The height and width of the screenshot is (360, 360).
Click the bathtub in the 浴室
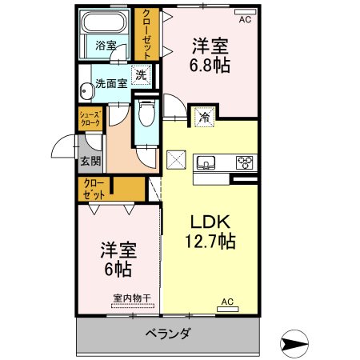coord(104,22)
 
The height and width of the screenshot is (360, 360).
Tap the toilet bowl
coord(146,113)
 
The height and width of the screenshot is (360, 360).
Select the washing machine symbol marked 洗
coord(141,75)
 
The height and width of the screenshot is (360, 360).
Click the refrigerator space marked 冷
coord(205,117)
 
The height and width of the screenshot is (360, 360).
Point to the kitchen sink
coord(206,162)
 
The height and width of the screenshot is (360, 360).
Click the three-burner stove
coord(245,162)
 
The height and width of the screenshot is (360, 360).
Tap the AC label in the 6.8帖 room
coord(245,19)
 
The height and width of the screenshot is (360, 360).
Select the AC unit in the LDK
coord(227,309)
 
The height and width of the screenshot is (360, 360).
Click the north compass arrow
coord(294,343)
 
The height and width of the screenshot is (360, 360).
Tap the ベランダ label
coord(168,334)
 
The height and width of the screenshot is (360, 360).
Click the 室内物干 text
coord(132,298)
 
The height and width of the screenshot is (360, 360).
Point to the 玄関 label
coord(90,161)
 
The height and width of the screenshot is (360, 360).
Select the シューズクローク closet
coord(90,119)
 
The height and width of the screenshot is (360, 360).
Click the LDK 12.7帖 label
coord(210,231)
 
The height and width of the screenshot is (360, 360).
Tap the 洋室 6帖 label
coord(118,259)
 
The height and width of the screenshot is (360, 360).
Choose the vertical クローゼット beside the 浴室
coord(147,34)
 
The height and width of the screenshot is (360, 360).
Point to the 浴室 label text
coord(106,46)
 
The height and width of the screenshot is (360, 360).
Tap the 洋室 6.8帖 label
coord(210,55)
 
